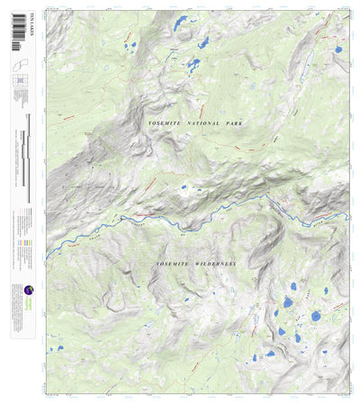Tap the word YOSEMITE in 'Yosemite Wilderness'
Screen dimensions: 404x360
tap(173, 264)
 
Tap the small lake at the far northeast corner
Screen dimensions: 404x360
tap(337, 49)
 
